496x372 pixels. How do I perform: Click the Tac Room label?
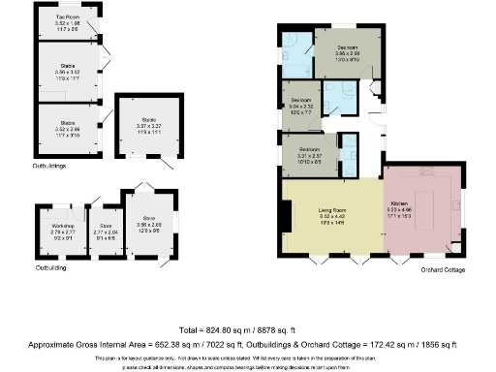coord(67,17)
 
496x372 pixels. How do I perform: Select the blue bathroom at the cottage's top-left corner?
coord(296,47)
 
